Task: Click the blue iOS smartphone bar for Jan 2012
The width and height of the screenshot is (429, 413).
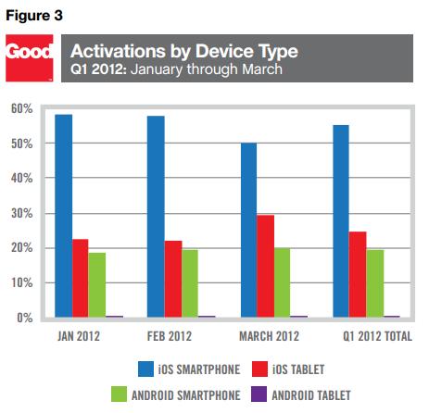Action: tap(64, 216)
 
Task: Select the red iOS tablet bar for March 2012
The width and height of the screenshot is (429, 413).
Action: tap(266, 266)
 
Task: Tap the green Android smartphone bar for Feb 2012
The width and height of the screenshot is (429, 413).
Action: tap(190, 283)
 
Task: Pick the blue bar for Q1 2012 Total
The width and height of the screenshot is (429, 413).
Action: tap(341, 221)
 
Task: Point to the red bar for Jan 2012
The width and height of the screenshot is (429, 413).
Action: tap(81, 278)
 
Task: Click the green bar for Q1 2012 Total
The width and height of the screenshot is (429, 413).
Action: tap(375, 283)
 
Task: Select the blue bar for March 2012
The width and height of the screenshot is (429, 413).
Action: tap(249, 230)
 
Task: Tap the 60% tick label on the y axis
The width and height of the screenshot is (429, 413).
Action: tap(22, 108)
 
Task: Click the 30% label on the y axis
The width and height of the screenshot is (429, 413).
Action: tap(22, 213)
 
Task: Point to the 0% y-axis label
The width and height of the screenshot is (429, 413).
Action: tap(25, 318)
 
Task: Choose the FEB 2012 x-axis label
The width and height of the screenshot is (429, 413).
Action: tap(170, 336)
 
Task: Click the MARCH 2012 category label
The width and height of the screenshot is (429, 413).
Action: tap(270, 336)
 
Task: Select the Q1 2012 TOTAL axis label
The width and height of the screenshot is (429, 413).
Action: tap(377, 336)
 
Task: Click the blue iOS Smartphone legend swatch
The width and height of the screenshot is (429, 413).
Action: tap(145, 369)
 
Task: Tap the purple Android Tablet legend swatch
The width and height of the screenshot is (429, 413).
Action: tap(259, 394)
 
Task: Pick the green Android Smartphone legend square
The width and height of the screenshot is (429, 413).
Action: tap(119, 394)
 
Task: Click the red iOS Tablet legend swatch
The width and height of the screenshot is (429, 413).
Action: tap(259, 369)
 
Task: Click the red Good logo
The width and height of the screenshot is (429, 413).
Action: tap(30, 58)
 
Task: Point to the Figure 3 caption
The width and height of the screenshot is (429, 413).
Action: tap(34, 16)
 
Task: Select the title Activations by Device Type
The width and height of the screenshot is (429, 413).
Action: tap(184, 51)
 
